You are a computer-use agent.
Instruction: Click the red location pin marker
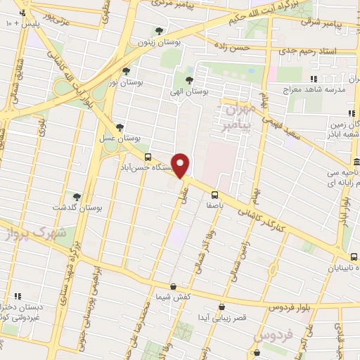(181, 165)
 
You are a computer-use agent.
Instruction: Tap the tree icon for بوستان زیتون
(160, 30)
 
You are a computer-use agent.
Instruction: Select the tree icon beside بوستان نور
(126, 70)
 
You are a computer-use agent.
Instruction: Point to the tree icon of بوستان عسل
(120, 127)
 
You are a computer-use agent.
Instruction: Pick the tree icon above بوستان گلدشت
(77, 197)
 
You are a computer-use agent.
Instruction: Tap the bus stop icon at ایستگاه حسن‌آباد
(147, 157)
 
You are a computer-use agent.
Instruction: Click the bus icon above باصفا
(214, 195)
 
